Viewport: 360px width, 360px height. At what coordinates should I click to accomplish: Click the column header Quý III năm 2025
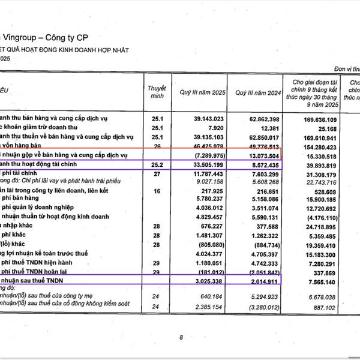(200, 93)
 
